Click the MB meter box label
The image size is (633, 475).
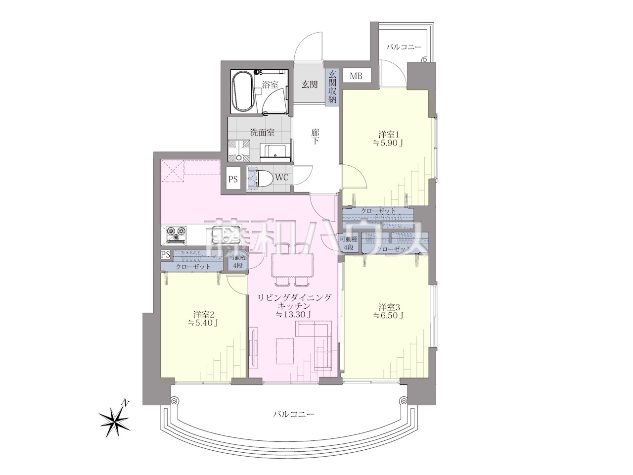tap(356, 76)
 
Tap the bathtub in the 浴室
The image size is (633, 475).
tap(243, 91)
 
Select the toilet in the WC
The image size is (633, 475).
tap(265, 178)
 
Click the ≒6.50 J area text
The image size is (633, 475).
tap(388, 316)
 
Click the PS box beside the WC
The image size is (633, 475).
tap(233, 179)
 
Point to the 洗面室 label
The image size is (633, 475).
tap(262, 133)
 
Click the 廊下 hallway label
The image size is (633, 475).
tap(315, 137)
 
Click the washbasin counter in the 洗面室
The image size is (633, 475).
tap(274, 153)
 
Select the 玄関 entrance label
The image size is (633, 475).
tap(310, 85)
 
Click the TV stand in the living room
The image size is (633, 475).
tap(254, 347)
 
